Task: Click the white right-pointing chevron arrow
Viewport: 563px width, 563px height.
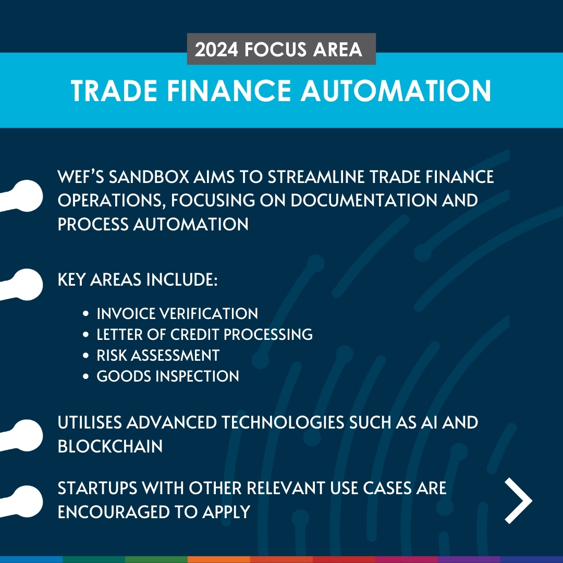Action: click(518, 501)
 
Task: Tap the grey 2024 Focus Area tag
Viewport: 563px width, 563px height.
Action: click(281, 49)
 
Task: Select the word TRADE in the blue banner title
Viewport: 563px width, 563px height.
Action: click(111, 91)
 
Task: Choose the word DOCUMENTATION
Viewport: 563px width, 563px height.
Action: click(360, 200)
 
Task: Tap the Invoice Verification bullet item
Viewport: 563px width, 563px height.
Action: click(177, 313)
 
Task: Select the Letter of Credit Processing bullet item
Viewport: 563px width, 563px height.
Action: click(204, 334)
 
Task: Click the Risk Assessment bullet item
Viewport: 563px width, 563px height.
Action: click(158, 355)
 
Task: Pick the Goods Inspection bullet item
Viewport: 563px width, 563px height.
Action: click(168, 376)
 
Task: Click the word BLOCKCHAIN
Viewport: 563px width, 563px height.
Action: click(110, 446)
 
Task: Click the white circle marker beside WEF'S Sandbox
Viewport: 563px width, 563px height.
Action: click(26, 196)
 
